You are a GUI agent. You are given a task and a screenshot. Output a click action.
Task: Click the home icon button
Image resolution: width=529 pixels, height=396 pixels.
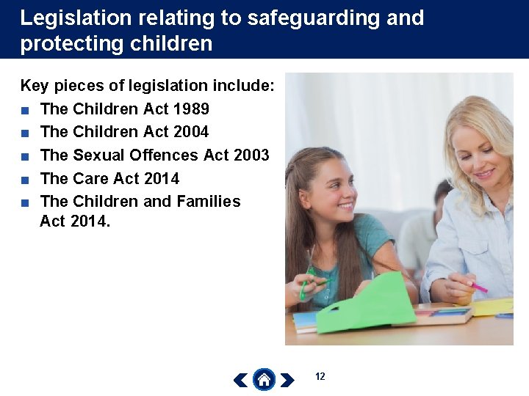(264, 379)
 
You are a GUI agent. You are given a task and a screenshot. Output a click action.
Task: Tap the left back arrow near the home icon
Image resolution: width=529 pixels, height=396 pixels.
(240, 380)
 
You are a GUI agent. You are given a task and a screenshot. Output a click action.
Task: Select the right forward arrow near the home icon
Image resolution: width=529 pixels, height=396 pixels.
(287, 380)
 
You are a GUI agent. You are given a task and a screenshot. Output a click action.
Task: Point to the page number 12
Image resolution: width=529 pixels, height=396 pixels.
(320, 376)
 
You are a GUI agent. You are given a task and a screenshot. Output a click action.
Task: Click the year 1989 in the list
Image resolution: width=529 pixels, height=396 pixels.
(191, 109)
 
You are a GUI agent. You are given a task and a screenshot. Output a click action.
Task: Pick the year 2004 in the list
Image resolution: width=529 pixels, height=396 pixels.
(190, 132)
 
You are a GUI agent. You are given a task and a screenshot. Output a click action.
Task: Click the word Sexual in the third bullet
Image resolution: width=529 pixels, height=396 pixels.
(98, 155)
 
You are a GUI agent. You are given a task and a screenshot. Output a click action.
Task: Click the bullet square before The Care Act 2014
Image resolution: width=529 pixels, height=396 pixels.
(25, 179)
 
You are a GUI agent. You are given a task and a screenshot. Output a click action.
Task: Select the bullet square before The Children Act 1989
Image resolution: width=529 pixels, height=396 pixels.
(25, 110)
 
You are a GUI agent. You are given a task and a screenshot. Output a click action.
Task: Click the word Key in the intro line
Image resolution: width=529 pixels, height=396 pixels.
(34, 86)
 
